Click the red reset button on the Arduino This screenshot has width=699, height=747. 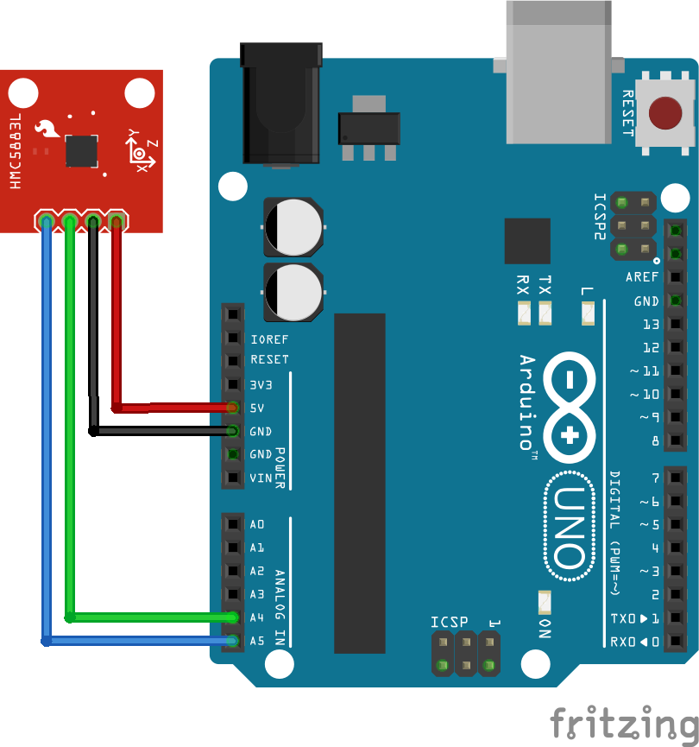(x=664, y=113)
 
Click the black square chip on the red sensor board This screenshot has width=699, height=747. (x=82, y=150)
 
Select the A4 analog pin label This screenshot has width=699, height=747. (x=257, y=617)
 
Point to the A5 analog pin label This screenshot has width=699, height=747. (x=257, y=641)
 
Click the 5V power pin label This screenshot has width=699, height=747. (x=257, y=408)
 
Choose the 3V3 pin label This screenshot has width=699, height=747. (x=259, y=383)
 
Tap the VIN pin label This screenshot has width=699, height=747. (x=260, y=478)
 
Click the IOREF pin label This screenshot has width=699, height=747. (x=269, y=339)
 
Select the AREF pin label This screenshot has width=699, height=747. (x=642, y=277)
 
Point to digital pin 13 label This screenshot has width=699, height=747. (x=651, y=325)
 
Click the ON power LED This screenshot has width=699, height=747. (x=545, y=602)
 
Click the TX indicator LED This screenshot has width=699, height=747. (x=545, y=313)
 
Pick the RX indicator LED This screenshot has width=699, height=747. (x=523, y=313)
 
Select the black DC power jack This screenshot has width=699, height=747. (x=281, y=104)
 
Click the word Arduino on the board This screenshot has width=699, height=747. (x=527, y=402)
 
